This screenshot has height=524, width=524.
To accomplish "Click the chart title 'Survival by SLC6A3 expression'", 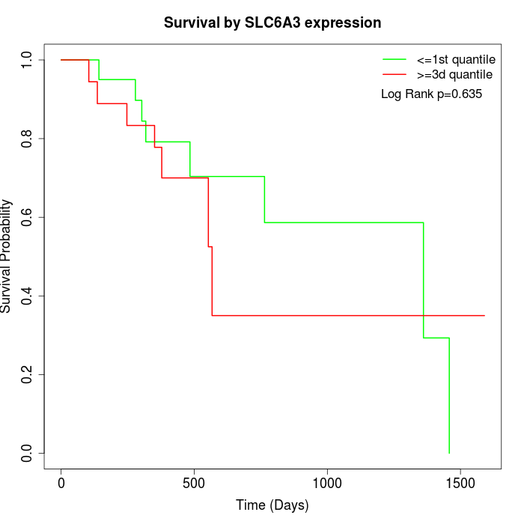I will (272, 23).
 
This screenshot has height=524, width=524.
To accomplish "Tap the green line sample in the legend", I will (394, 59).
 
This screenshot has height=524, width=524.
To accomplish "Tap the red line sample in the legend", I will (394, 75).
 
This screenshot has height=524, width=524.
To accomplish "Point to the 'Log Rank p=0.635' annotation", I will (431, 94).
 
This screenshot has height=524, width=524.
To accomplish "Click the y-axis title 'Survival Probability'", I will (7, 256).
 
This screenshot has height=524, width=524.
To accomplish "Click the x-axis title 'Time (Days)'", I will (272, 505).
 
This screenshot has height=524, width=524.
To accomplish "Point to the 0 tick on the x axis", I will (61, 484).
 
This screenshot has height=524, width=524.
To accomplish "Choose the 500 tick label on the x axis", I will (194, 484).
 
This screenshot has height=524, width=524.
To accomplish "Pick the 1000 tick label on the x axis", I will (327, 484).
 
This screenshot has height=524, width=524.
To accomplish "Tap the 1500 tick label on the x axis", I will (460, 484).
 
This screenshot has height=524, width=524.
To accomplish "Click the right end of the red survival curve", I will (484, 315).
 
